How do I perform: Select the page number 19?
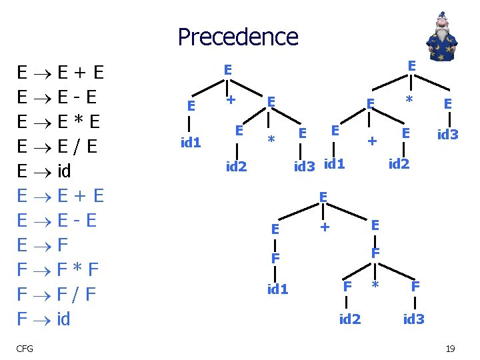pyautogui.click(x=450, y=348)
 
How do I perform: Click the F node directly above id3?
pyautogui.click(x=415, y=286)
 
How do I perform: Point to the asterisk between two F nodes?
pyautogui.click(x=375, y=287)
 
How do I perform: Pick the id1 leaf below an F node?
pyautogui.click(x=277, y=289)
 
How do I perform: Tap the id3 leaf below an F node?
pyautogui.click(x=413, y=319)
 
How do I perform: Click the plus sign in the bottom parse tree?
pyautogui.click(x=325, y=227)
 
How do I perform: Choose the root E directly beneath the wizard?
pyautogui.click(x=411, y=65)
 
